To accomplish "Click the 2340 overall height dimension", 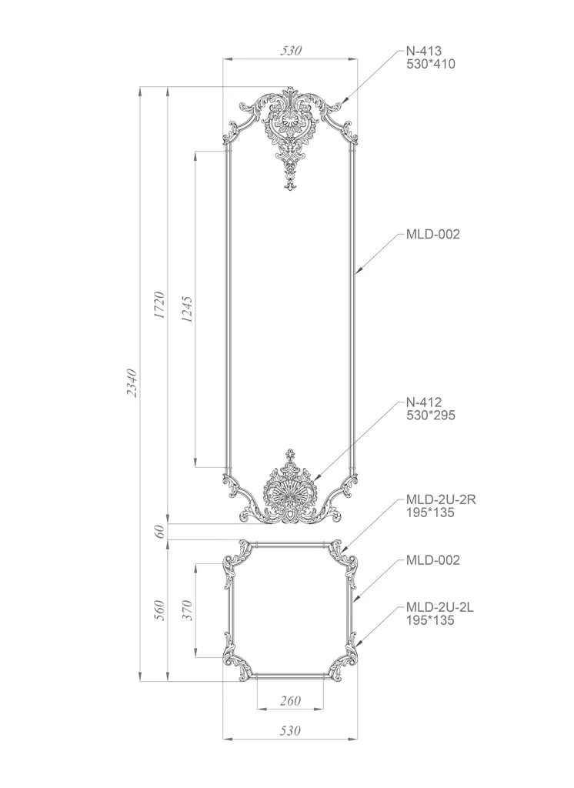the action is coord(132,383).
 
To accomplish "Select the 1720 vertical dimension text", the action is coord(159,305).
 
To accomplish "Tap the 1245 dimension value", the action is coord(188,309).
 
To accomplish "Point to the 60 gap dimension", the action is coord(159,531).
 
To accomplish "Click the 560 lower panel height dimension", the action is coord(159,610).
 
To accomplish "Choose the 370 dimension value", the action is coord(188,610).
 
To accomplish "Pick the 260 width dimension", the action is coord(291,700).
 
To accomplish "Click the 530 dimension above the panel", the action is coord(291,50).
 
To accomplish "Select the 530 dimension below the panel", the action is coord(291,730).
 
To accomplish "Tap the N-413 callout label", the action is coord(424,51).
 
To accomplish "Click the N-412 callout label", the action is coord(424,402).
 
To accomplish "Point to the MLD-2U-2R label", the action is coord(441,499).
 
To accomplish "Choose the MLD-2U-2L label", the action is coord(440,607).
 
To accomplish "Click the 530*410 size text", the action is coord(431,64).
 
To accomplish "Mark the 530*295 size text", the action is coord(431,415).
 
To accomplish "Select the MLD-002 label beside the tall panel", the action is coord(432,234).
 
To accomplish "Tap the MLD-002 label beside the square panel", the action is coord(432,560).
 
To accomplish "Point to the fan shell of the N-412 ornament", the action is coord(290,493).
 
